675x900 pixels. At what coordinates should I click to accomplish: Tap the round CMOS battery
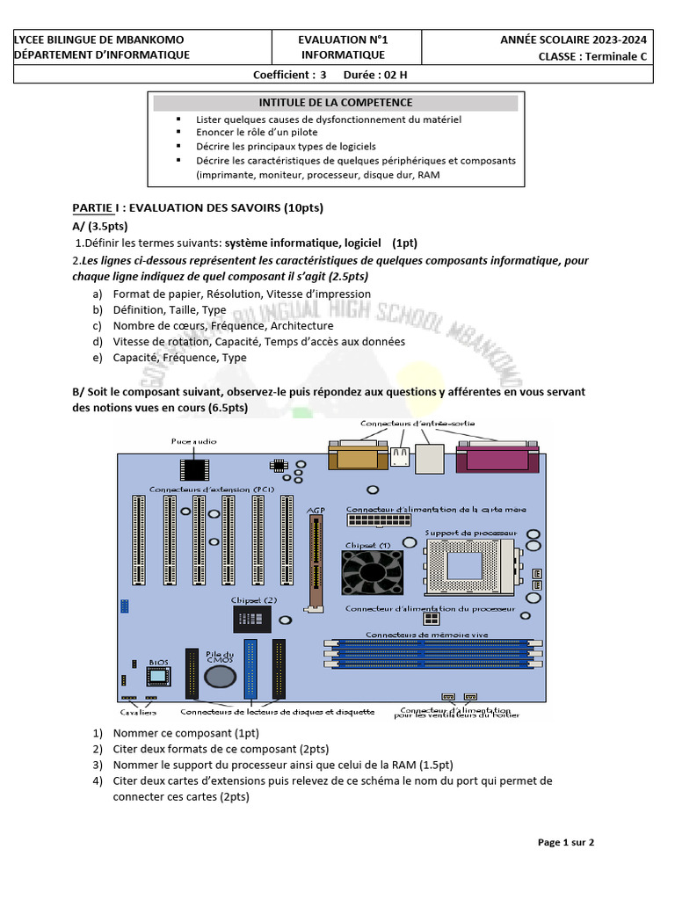[220, 675]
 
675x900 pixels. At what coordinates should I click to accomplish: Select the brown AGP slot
[312, 562]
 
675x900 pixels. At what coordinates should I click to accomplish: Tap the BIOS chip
[158, 676]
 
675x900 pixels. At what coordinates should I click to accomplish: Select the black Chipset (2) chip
[252, 619]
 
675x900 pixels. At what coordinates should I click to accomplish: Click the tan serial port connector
[356, 458]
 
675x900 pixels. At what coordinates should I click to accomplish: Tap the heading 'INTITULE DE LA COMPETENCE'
[336, 103]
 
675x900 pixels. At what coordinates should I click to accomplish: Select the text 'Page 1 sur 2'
[566, 842]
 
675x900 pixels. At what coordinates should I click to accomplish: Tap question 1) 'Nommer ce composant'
[185, 733]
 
